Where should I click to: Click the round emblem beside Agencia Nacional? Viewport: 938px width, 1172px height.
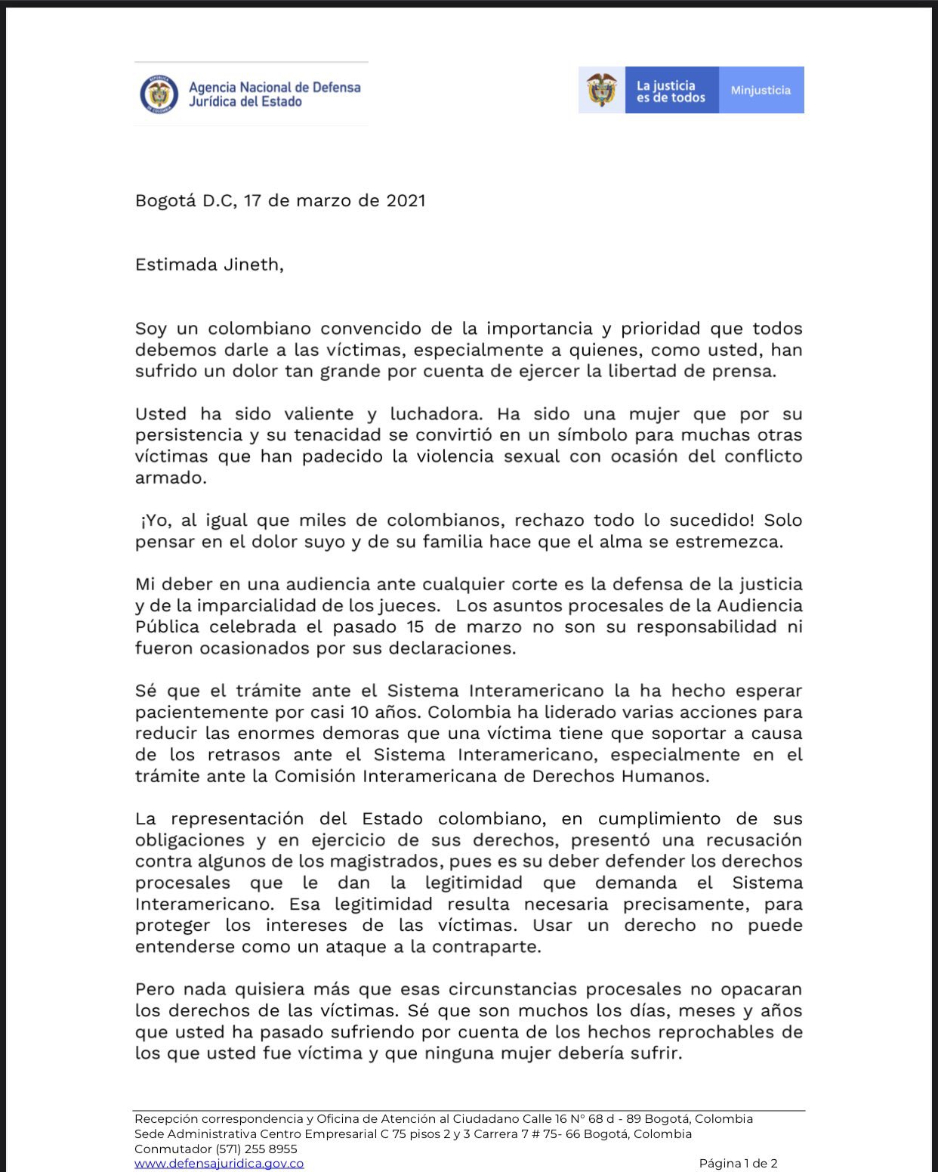click(x=159, y=94)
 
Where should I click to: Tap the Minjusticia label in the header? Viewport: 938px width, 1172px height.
click(x=761, y=90)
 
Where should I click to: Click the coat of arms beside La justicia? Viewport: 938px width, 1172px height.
click(x=602, y=90)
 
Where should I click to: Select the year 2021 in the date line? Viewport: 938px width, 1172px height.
click(x=406, y=201)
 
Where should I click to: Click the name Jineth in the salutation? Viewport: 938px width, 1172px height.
click(x=251, y=265)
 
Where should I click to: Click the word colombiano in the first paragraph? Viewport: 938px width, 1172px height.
click(x=258, y=329)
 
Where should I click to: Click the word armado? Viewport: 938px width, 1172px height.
click(x=169, y=478)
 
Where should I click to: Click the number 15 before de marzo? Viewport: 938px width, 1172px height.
click(x=415, y=627)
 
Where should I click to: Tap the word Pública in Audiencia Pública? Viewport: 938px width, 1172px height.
click(x=167, y=627)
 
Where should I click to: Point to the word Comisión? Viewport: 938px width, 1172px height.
click(x=314, y=776)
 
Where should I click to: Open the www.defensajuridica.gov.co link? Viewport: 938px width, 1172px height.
click(x=219, y=1164)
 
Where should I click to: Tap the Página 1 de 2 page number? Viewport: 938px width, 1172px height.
click(x=738, y=1164)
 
